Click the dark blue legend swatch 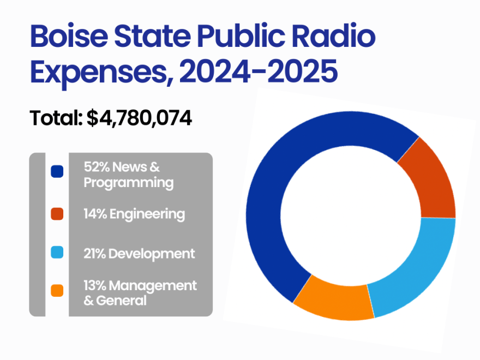tap(57, 171)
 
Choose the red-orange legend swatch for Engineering tap(57, 214)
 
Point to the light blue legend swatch tap(57, 253)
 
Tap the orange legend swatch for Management tap(57, 291)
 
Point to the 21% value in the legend tap(94, 253)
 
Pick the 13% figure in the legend tap(94, 285)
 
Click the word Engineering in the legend tap(147, 214)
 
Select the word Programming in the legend tap(128, 182)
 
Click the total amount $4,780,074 tap(139, 118)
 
